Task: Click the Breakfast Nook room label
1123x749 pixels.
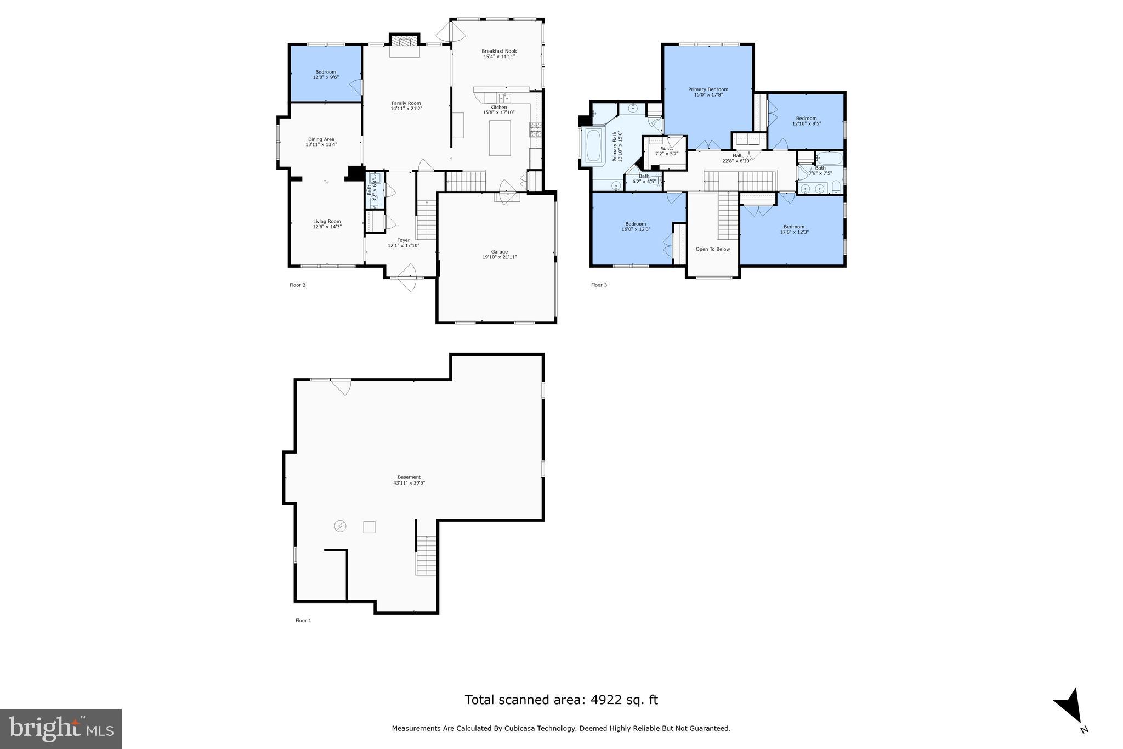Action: point(499,51)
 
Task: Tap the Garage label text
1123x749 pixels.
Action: point(499,252)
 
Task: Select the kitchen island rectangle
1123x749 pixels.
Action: point(500,138)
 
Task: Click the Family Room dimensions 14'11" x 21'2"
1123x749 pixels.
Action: point(406,109)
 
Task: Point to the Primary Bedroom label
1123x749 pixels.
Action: point(708,89)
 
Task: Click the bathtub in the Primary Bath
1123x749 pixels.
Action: point(594,145)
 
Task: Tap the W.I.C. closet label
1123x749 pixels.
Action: point(667,148)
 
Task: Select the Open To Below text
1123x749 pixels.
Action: point(713,249)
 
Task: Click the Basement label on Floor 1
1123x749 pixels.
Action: point(409,477)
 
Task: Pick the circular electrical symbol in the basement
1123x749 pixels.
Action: point(341,526)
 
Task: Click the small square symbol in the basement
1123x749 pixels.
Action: point(369,527)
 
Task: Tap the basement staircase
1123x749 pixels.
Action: point(426,555)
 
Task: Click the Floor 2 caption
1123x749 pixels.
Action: point(297,285)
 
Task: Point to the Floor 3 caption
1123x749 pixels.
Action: point(599,285)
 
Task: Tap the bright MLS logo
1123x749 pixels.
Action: point(61,729)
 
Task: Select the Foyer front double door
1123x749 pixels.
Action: point(407,277)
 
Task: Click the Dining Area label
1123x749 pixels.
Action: point(321,139)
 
